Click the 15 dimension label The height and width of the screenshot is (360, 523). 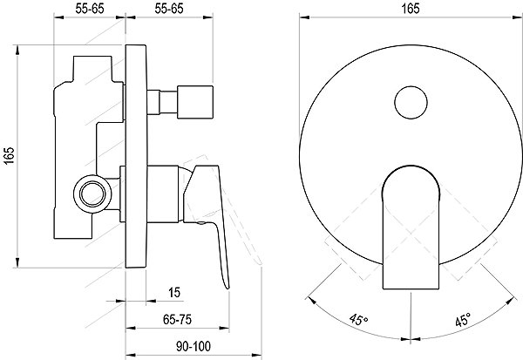[x=174, y=293]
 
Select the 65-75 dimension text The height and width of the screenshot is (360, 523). [x=177, y=320]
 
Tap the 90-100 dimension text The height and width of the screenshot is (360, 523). [x=194, y=347]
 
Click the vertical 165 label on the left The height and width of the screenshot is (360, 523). [x=9, y=155]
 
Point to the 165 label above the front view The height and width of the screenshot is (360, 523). [x=411, y=9]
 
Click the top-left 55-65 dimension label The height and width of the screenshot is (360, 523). [x=90, y=9]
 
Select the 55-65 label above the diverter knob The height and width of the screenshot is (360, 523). [x=169, y=9]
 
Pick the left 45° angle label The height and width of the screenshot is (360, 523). [x=358, y=320]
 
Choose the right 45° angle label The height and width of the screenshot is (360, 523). [x=463, y=320]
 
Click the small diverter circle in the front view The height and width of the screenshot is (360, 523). [x=411, y=103]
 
